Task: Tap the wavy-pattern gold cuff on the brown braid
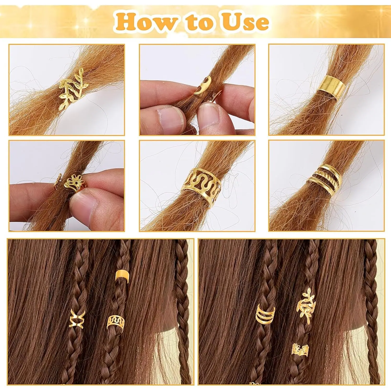[x=116, y=322]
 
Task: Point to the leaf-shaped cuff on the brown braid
[x=306, y=305]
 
